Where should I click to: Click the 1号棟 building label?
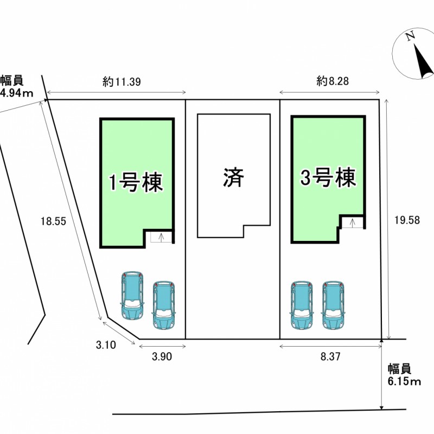coord(136,182)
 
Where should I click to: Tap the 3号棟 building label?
coord(328,177)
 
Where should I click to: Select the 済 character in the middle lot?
coord(233,177)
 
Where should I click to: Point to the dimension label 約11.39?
coord(122,82)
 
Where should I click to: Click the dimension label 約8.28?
coord(333,82)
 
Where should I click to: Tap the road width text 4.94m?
coord(16,93)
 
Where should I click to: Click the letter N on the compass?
coord(410,37)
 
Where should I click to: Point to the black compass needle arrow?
coord(421,61)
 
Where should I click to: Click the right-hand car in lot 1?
coord(163,305)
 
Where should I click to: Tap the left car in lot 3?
coord(301,305)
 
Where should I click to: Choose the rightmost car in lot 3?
coord(333,305)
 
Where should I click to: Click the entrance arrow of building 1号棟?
coord(161,237)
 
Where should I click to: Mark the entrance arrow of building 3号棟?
coord(353,222)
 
